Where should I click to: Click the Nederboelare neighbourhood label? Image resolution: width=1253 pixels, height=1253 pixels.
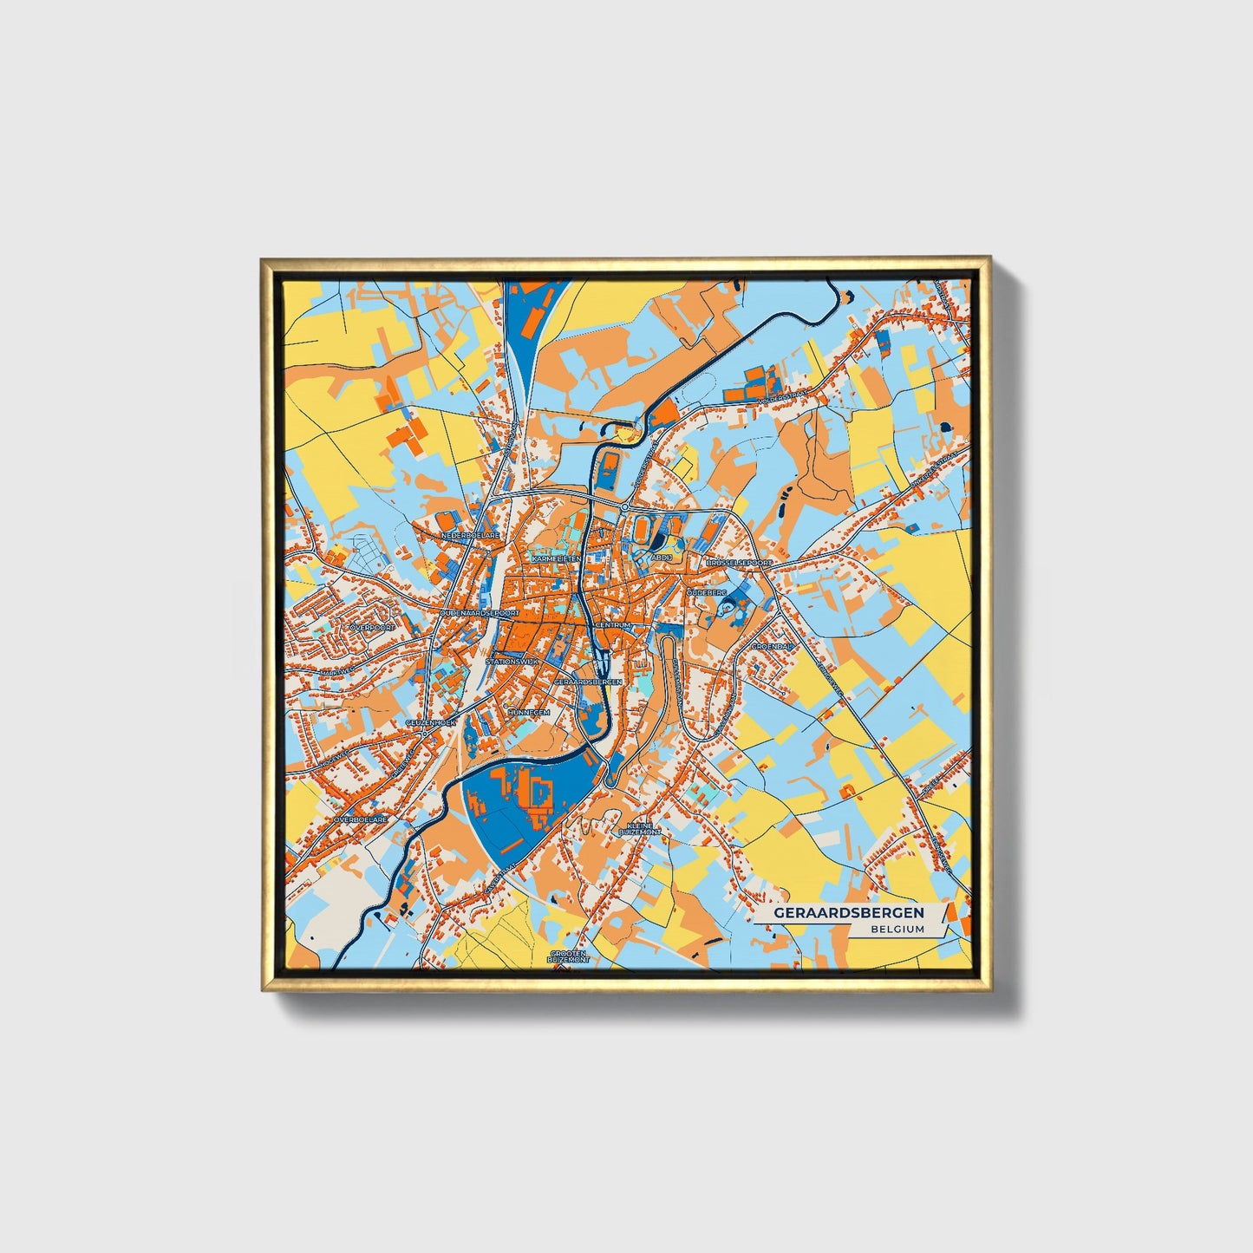tap(471, 537)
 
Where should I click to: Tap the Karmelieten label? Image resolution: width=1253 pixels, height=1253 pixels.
tap(556, 559)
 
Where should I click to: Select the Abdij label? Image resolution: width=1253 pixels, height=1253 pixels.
tap(662, 558)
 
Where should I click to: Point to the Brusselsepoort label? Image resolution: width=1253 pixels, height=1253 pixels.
tap(739, 563)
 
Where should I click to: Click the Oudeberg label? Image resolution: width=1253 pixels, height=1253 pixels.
tap(707, 591)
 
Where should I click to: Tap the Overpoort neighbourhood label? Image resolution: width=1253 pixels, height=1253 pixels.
tap(372, 626)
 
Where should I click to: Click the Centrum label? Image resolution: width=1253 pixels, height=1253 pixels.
tap(614, 624)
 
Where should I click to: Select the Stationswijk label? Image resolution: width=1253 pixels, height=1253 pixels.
tap(512, 662)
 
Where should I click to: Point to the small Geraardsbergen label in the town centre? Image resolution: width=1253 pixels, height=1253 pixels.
tap(588, 682)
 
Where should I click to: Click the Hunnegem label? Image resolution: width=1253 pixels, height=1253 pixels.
tap(529, 712)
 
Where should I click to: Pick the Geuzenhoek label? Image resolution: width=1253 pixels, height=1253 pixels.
tap(430, 722)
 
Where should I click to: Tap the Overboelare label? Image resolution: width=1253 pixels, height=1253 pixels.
tap(361, 819)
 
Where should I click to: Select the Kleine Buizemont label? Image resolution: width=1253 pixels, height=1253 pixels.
tap(640, 829)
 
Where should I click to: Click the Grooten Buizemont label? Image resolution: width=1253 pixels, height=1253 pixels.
tap(569, 957)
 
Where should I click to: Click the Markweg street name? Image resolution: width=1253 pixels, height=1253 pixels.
tap(336, 671)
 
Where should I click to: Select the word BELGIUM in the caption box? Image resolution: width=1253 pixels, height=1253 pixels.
tap(898, 929)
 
